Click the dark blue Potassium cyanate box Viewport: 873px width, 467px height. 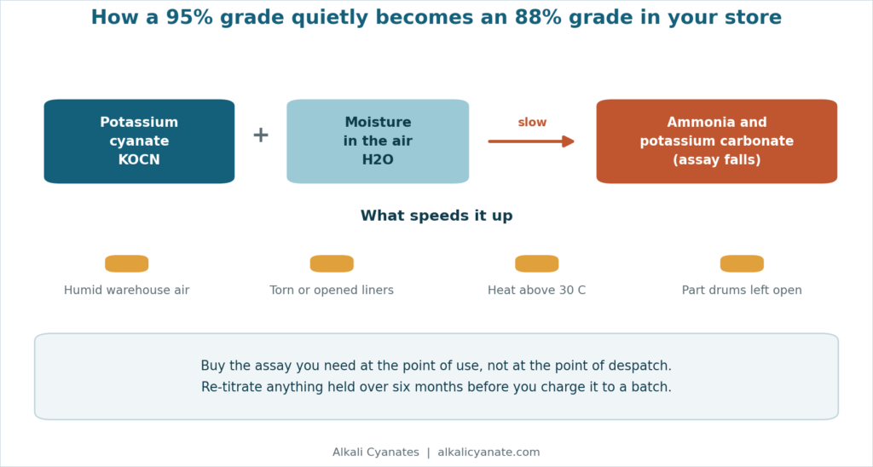point(139,141)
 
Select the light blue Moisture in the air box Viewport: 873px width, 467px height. point(378,141)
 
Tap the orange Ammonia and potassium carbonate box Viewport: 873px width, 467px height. point(716,141)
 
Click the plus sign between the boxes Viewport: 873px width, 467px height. point(261,135)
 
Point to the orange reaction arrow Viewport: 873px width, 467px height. point(531,141)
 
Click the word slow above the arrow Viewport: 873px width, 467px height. point(532,123)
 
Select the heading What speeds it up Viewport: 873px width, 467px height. point(436,216)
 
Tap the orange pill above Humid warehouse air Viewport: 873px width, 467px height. point(127,264)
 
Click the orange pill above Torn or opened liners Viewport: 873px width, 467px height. point(332,264)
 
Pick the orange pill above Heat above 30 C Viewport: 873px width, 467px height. point(537,264)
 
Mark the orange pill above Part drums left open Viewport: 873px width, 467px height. point(743,264)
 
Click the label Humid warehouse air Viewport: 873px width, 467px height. point(127,290)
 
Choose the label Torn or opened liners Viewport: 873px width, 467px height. point(332,291)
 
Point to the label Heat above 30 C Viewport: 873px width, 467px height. point(537,290)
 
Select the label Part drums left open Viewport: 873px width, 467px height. point(743,291)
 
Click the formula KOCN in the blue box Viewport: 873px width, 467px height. point(139,159)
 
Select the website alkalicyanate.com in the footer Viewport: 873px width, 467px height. point(489,453)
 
